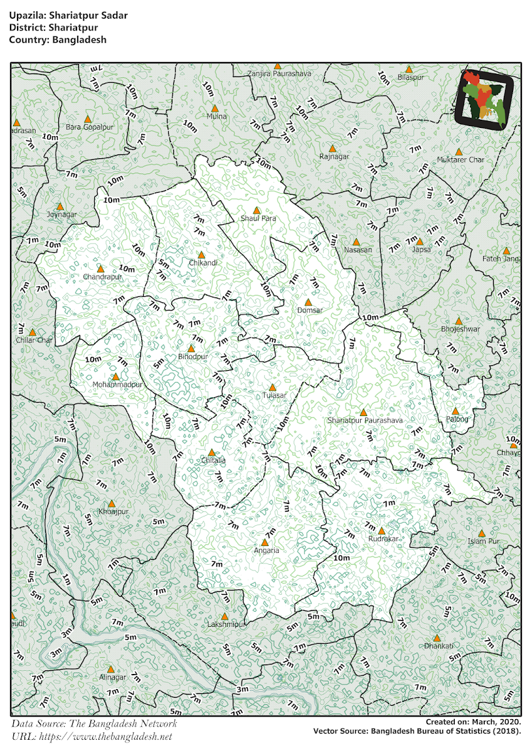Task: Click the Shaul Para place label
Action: pos(258,218)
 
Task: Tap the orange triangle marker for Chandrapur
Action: pos(100,269)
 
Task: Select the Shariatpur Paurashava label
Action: pos(365,420)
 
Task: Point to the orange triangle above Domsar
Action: pos(308,302)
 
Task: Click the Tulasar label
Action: pos(274,396)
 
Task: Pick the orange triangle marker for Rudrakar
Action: pos(381,531)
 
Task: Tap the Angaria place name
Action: pos(267,550)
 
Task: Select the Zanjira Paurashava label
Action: pos(279,74)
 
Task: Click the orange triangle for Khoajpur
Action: pos(112,503)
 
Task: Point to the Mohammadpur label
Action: pos(118,384)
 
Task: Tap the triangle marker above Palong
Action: pos(455,411)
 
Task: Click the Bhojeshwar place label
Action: pos(460,329)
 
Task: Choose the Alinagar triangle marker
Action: pos(110,669)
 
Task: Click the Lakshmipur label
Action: pos(225,625)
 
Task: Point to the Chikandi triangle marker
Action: pos(201,255)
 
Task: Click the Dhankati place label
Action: pos(439,646)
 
